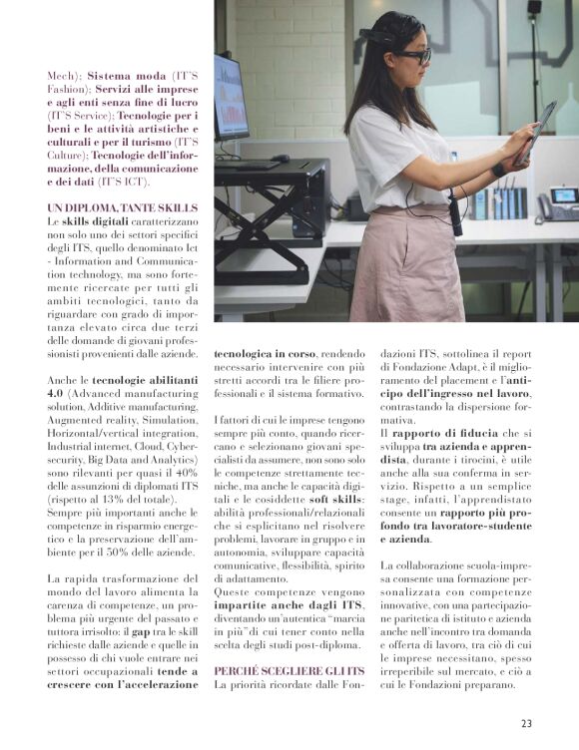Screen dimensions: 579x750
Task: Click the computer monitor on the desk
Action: tap(230, 98)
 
